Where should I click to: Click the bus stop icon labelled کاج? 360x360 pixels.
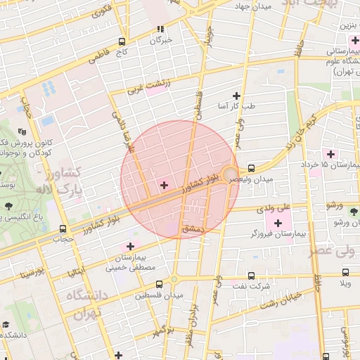point(122,41)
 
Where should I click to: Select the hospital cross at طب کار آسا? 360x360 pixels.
point(236,96)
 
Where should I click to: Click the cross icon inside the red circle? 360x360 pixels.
point(164,185)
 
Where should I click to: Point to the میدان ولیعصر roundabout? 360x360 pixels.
point(231,173)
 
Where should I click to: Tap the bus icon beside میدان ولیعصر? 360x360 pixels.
point(252,168)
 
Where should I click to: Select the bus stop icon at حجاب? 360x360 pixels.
point(63,229)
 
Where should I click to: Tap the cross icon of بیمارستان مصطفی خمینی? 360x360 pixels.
point(129,246)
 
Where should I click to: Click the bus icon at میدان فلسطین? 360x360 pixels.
point(159,284)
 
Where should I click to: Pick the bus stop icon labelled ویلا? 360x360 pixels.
point(345,273)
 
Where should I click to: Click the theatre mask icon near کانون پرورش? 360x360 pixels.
point(22,131)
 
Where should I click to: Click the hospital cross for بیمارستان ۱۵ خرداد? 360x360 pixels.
point(328,154)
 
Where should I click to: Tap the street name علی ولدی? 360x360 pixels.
point(275,208)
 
